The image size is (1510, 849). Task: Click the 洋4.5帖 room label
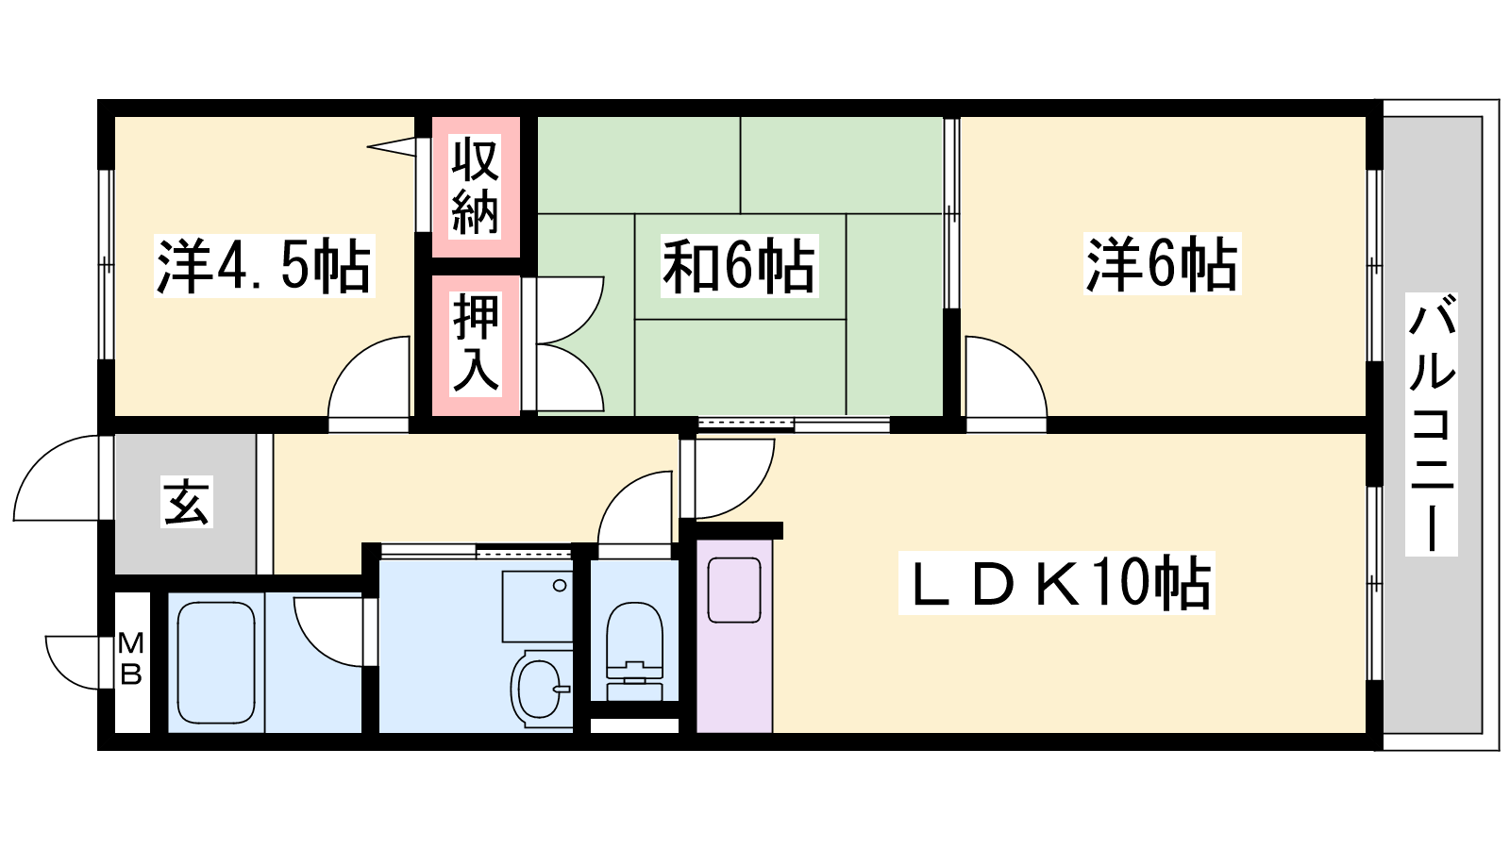pyautogui.click(x=263, y=267)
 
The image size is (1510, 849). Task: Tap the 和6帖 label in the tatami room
pyautogui.click(x=738, y=267)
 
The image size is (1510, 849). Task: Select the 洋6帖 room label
pyautogui.click(x=1161, y=264)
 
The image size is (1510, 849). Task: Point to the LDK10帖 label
pyautogui.click(x=1056, y=583)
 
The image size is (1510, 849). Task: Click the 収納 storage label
pyautogui.click(x=475, y=186)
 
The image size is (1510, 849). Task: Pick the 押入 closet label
pyautogui.click(x=475, y=342)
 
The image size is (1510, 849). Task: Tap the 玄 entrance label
pyautogui.click(x=186, y=502)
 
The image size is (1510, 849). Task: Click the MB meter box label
pyautogui.click(x=131, y=659)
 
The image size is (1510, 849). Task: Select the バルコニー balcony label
pyautogui.click(x=1432, y=423)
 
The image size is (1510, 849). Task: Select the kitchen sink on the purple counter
pyautogui.click(x=734, y=590)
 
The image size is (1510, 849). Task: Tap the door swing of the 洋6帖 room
pyautogui.click(x=1003, y=377)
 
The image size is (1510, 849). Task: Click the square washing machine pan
pyautogui.click(x=537, y=606)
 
